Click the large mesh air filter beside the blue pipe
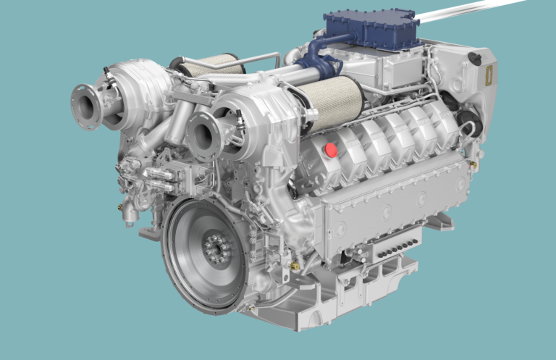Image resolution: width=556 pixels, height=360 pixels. pos(328,103)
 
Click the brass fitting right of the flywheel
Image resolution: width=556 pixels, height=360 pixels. pos(295,267)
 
